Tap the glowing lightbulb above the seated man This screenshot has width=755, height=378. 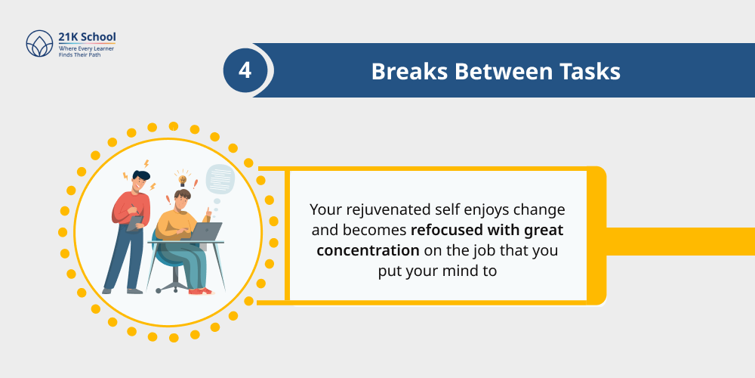coord(181,179)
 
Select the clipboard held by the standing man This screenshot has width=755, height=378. coord(135,223)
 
